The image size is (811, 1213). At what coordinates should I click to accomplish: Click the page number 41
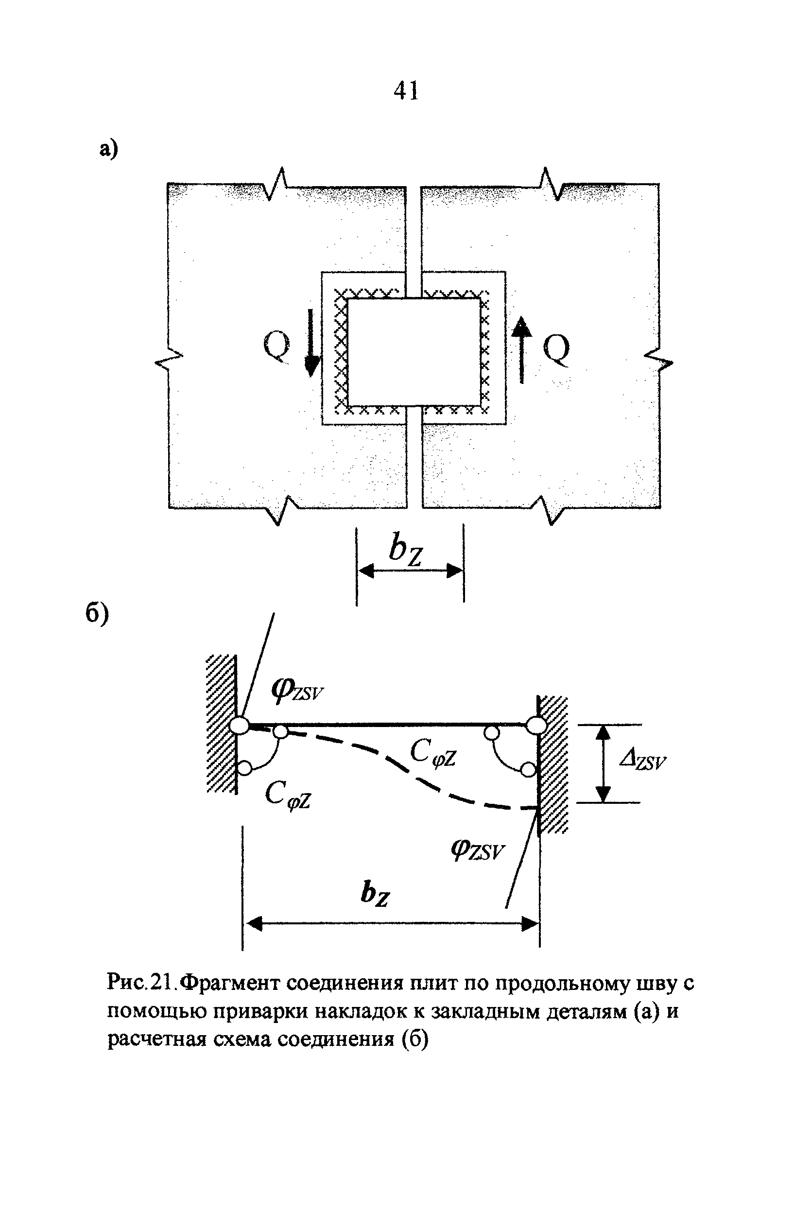tap(405, 91)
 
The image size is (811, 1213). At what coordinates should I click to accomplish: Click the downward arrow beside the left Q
tap(311, 343)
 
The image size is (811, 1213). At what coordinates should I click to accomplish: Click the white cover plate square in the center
tap(414, 352)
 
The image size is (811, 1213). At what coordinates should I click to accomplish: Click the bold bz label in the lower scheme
tap(375, 893)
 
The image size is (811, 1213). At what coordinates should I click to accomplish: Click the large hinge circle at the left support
tap(239, 725)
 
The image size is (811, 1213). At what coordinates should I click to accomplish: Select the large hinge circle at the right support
tap(536, 725)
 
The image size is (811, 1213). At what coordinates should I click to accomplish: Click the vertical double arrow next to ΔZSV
tap(603, 763)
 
